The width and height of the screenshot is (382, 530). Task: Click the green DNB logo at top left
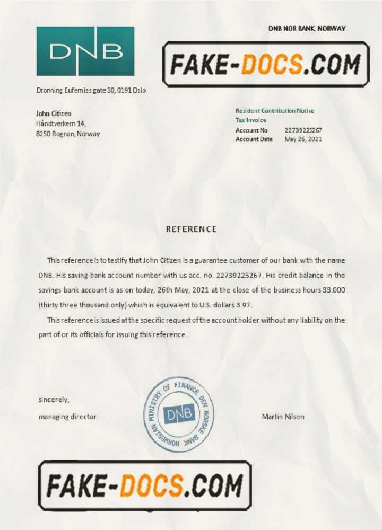85,51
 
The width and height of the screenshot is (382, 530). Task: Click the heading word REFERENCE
191,229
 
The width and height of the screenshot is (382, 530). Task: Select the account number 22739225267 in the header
303,130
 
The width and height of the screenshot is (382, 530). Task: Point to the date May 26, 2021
303,139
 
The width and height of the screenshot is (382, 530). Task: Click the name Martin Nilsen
283,417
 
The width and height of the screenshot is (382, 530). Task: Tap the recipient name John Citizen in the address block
54,113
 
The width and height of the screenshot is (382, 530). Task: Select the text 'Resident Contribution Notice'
275,111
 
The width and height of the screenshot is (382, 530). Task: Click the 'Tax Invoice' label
251,120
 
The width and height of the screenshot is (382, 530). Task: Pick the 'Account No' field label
251,130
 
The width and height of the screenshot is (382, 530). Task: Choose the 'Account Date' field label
254,139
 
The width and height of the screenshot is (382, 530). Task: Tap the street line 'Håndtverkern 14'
57,123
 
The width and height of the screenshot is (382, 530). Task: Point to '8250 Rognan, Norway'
67,134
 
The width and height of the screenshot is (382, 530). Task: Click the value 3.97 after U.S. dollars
244,305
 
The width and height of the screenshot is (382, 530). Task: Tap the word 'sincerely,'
54,400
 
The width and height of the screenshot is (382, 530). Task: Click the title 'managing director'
67,417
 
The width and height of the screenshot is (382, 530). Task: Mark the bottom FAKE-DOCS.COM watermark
144,485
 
